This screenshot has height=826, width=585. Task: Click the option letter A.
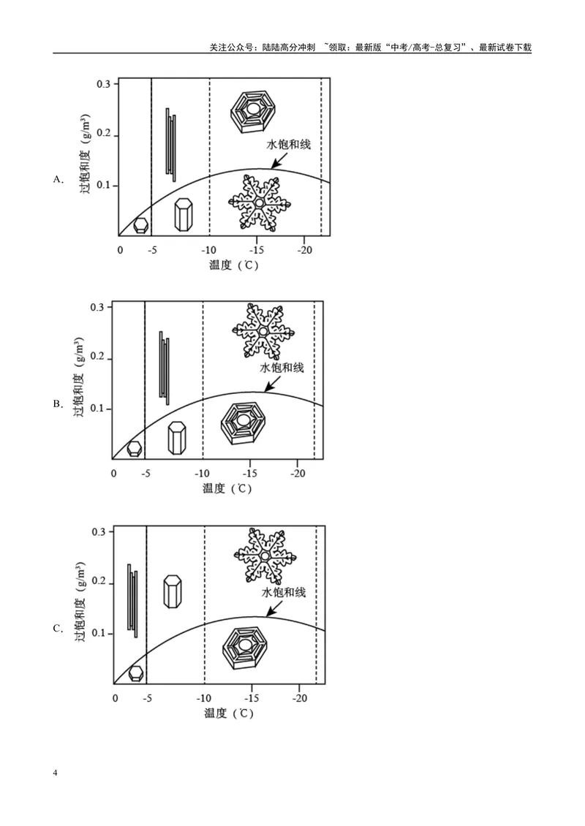[58, 180]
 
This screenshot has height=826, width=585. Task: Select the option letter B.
[58, 404]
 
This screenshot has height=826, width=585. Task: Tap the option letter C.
[58, 629]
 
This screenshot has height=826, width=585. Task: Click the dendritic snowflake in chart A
[260, 202]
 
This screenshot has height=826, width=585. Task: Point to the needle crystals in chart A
[171, 144]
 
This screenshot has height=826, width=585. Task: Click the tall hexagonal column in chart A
[184, 214]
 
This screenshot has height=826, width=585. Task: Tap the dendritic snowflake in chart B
[263, 331]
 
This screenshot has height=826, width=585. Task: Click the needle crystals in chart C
[132, 601]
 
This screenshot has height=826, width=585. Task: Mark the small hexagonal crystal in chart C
[136, 673]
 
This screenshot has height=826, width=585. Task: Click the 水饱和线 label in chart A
[288, 144]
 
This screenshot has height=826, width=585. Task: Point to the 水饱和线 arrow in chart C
[274, 609]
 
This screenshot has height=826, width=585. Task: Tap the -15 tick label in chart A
[256, 250]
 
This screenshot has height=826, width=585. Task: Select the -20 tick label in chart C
[299, 698]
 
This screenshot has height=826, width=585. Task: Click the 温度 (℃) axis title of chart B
[227, 488]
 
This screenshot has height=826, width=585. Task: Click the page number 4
[56, 773]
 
